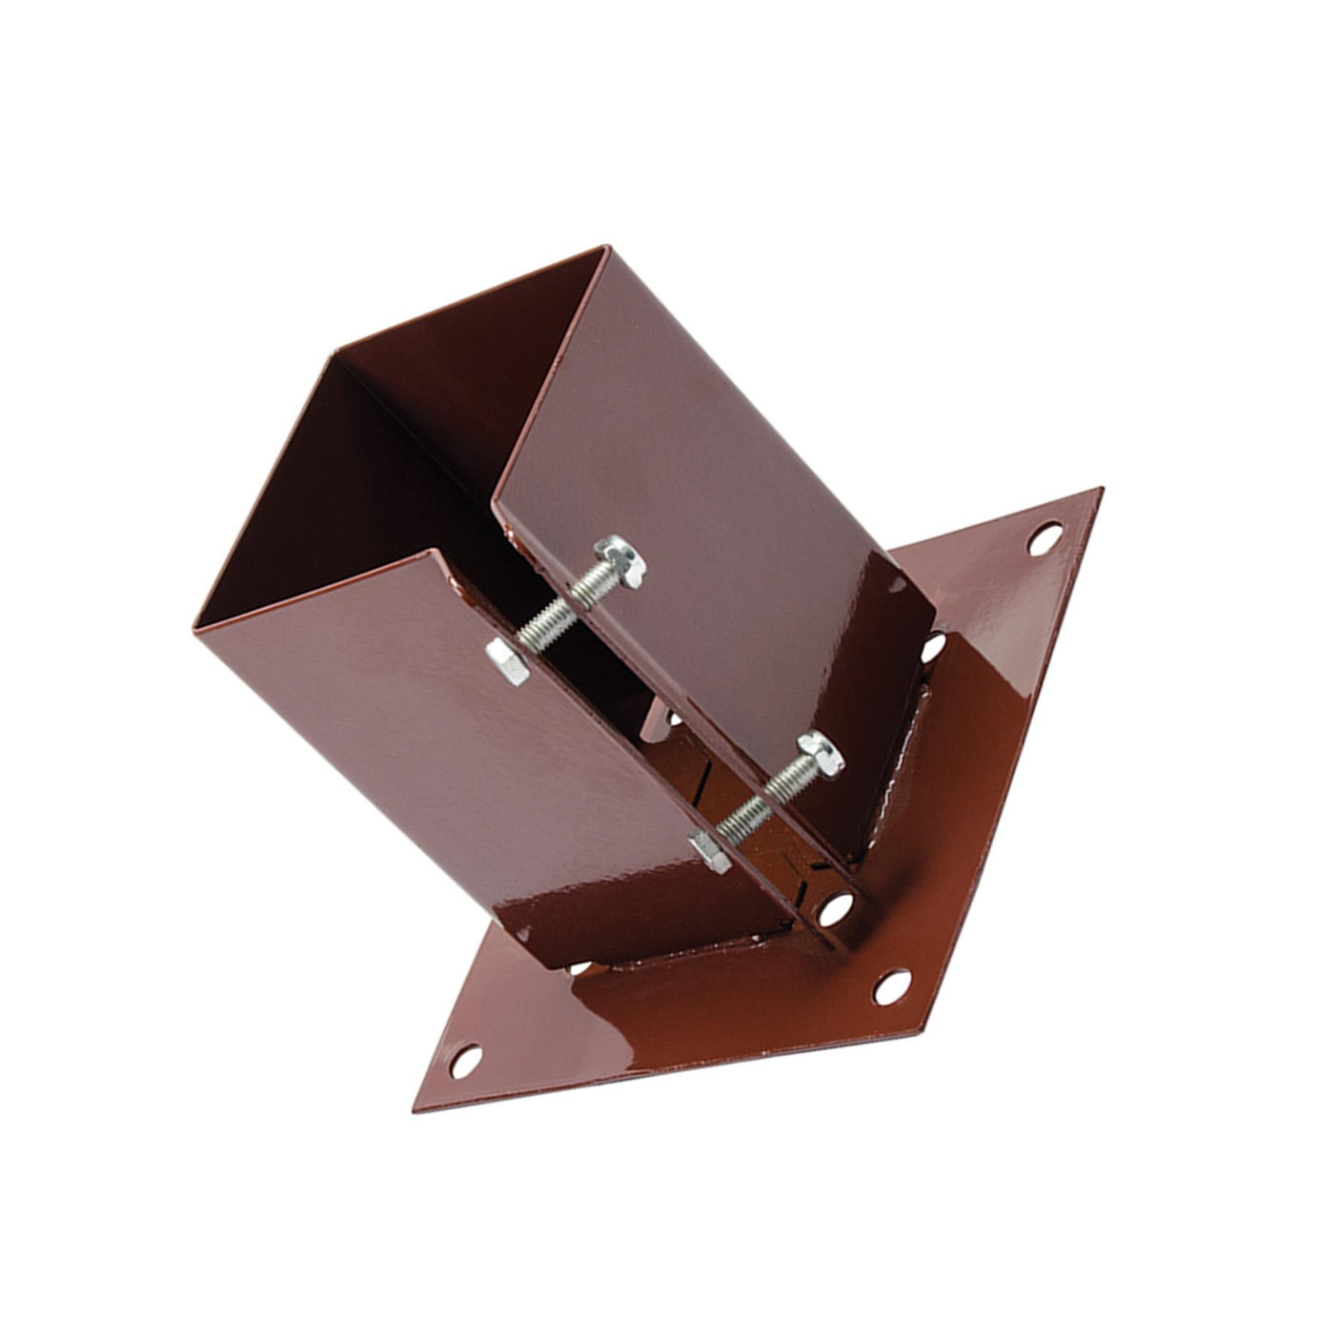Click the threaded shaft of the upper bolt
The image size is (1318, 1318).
[558, 610]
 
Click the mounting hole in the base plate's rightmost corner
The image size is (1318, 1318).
[1046, 537]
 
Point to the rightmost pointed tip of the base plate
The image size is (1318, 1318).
[1102, 490]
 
